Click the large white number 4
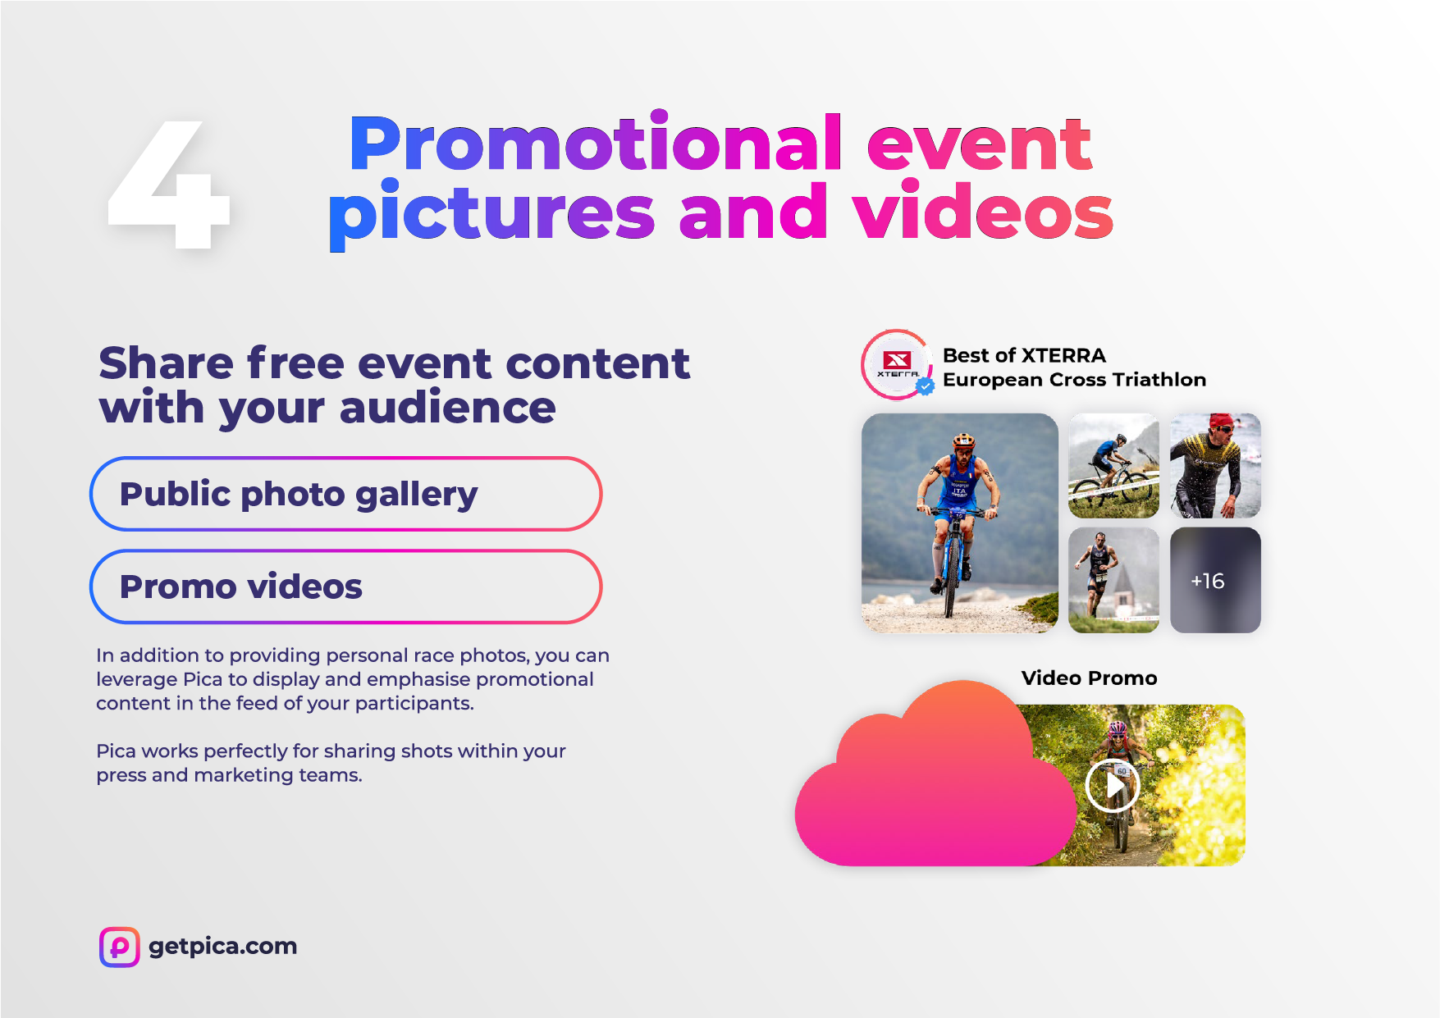pos(169,184)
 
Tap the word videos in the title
pos(982,211)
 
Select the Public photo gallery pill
pos(345,494)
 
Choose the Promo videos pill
pos(345,587)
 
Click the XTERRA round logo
pos(897,364)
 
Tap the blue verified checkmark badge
pos(926,386)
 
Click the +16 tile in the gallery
pos(1215,580)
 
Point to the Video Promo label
pos(1089,678)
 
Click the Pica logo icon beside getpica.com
pos(120,947)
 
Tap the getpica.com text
pos(223,947)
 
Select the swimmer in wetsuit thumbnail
pos(1215,465)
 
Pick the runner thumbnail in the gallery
pos(1113,580)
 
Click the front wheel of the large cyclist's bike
pos(949,578)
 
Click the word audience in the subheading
pos(447,408)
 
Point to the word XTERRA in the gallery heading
pos(1063,355)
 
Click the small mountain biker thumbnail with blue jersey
pos(1113,465)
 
